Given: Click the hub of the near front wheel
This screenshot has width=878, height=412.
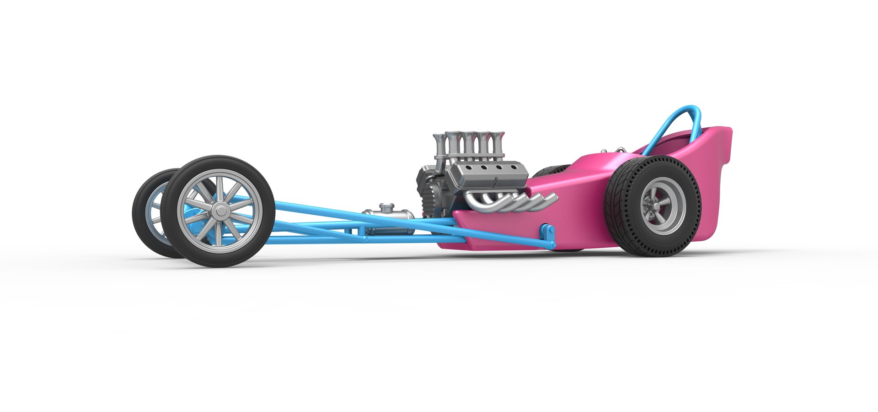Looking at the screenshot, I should pyautogui.click(x=221, y=211).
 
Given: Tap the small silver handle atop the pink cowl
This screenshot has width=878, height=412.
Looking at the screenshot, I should pyautogui.click(x=620, y=150).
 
